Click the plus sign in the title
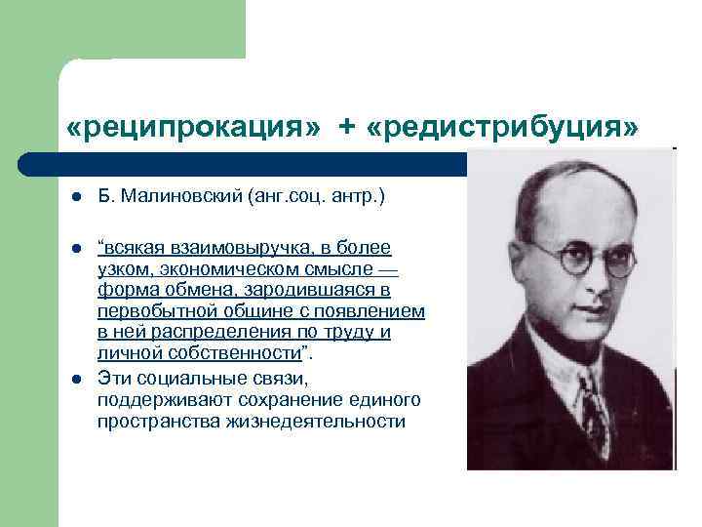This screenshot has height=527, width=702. tap(346, 129)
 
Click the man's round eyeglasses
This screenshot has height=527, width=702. tap(585, 256)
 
